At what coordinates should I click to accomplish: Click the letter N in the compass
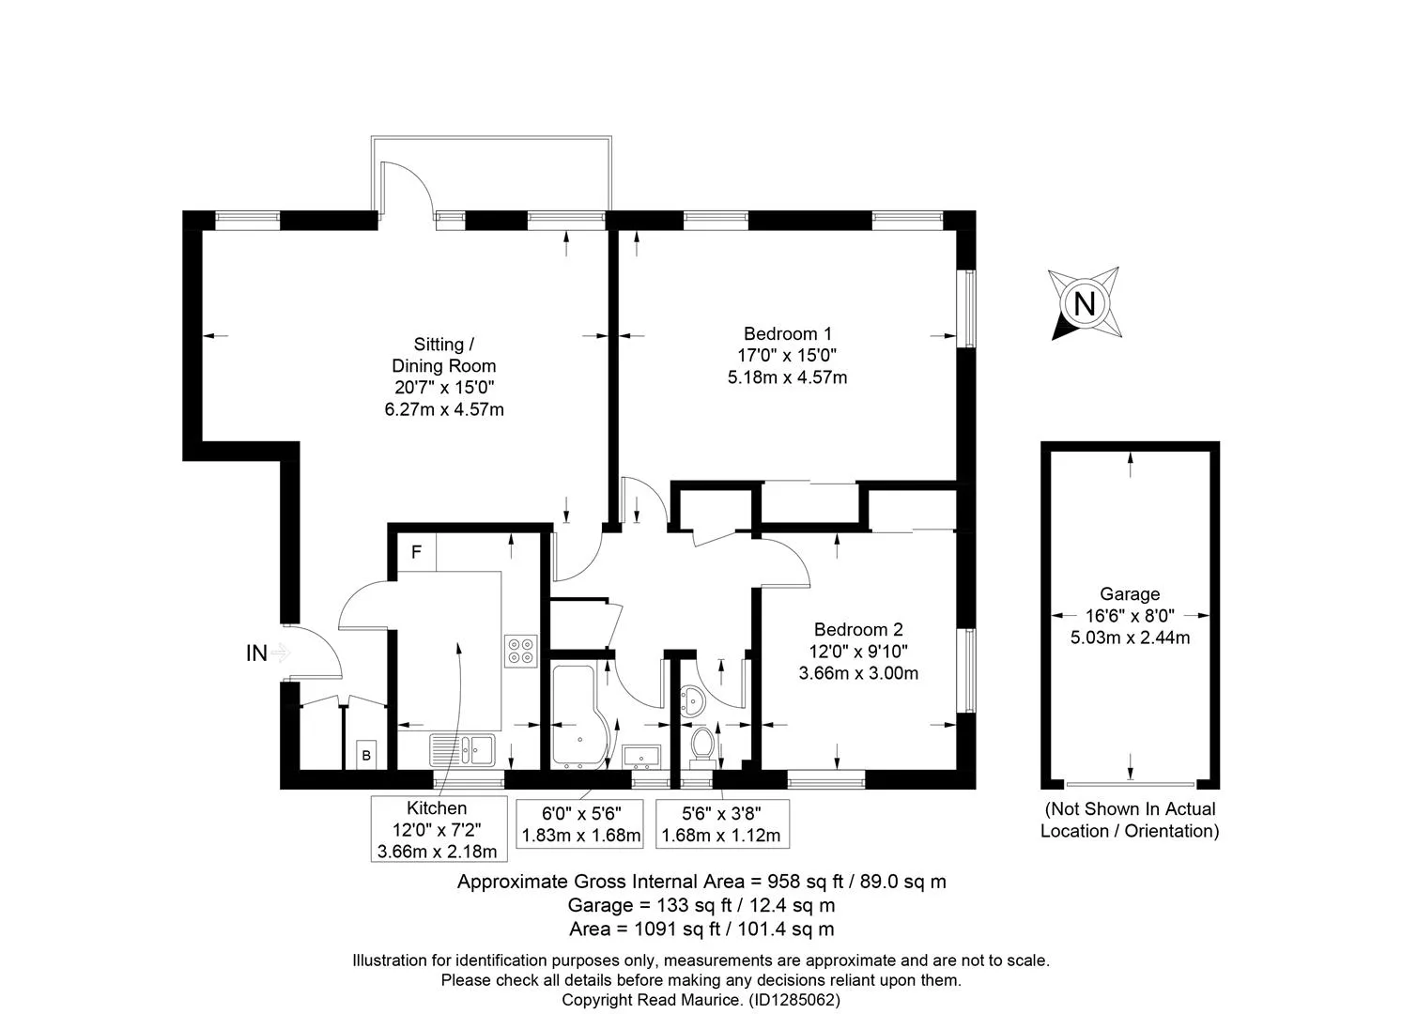pyautogui.click(x=1084, y=305)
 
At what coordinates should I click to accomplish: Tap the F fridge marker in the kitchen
pyautogui.click(x=416, y=552)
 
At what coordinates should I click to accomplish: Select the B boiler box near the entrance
pyautogui.click(x=366, y=755)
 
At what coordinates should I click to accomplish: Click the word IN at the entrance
pyautogui.click(x=256, y=653)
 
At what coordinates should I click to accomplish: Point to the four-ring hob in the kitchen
pyautogui.click(x=521, y=652)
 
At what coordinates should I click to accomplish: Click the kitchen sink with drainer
pyautogui.click(x=463, y=750)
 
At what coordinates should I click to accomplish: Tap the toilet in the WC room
pyautogui.click(x=702, y=747)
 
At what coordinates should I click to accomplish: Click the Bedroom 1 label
pyautogui.click(x=787, y=333)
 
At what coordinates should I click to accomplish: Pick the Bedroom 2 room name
pyautogui.click(x=858, y=630)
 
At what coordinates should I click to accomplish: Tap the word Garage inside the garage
pyautogui.click(x=1130, y=594)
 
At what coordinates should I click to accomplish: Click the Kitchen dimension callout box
pyautogui.click(x=439, y=829)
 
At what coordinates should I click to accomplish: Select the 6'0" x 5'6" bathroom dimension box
pyautogui.click(x=580, y=823)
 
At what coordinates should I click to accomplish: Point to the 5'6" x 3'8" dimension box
pyautogui.click(x=722, y=823)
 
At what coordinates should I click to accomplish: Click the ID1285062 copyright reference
pyautogui.click(x=794, y=1000)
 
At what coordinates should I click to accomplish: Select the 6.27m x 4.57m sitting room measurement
pyautogui.click(x=444, y=409)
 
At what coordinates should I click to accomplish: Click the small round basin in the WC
pyautogui.click(x=692, y=701)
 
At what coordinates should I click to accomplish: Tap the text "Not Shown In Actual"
pyautogui.click(x=1131, y=809)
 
